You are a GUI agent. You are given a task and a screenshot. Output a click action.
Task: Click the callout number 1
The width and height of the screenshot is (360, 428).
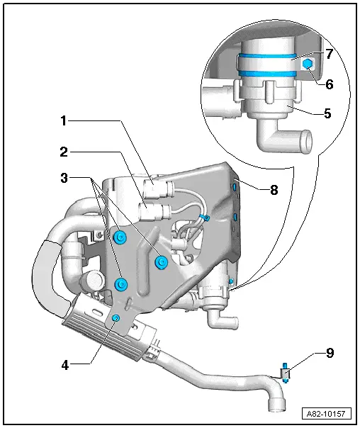point(63,121)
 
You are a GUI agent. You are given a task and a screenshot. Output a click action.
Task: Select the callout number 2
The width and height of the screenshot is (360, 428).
point(63,151)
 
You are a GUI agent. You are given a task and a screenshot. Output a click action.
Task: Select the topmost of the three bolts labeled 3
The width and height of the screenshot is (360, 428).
point(120,237)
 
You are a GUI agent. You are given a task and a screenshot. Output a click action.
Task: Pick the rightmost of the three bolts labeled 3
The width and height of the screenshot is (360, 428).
point(160,261)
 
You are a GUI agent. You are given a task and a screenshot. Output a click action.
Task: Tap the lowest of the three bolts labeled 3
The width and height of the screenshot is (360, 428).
point(121,284)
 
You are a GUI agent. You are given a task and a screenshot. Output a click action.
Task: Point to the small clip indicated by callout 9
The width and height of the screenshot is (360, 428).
point(285,373)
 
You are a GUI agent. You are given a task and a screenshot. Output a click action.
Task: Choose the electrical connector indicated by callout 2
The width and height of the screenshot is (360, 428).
point(151,212)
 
